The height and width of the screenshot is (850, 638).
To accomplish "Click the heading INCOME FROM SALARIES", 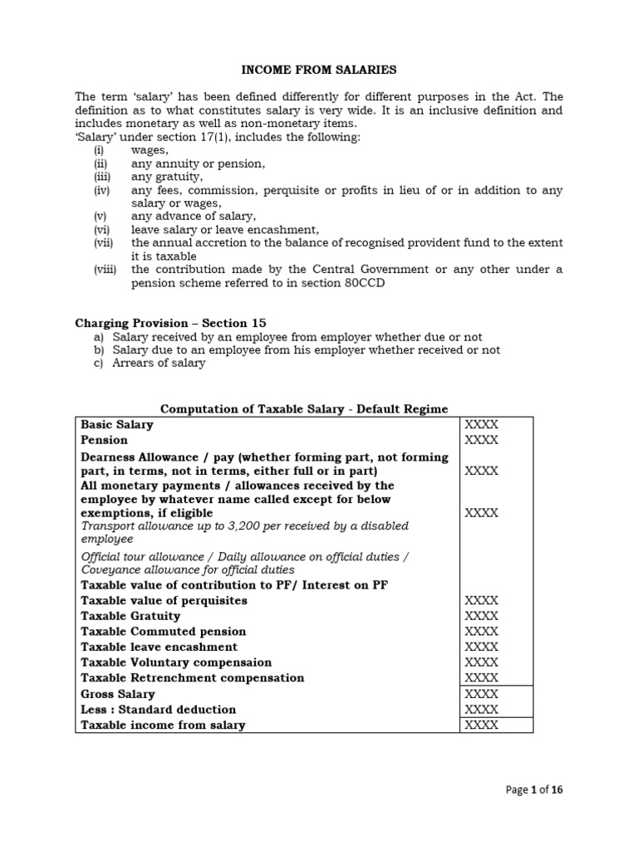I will (x=319, y=71).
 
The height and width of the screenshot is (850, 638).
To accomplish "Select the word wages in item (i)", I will (x=150, y=150).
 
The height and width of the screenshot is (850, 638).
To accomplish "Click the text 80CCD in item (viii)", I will (x=345, y=283).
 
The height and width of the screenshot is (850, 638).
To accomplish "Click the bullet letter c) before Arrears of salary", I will (x=98, y=363).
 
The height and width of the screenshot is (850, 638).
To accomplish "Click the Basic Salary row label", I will (x=117, y=424).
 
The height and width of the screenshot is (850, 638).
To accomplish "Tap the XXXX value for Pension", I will (x=481, y=440).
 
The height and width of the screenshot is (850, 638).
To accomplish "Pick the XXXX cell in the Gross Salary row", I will (x=481, y=694).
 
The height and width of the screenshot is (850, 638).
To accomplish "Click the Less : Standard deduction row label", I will (x=158, y=710).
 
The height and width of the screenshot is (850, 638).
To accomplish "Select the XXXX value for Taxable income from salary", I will (x=481, y=725).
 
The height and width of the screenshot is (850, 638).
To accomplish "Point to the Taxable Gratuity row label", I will (x=130, y=616).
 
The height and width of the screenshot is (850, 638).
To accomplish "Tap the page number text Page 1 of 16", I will (x=534, y=790).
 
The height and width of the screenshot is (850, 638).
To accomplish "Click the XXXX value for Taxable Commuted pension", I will (x=481, y=632).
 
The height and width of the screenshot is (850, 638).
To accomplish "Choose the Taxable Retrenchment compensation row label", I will (x=192, y=677).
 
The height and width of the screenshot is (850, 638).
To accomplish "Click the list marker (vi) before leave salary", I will (x=101, y=230).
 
